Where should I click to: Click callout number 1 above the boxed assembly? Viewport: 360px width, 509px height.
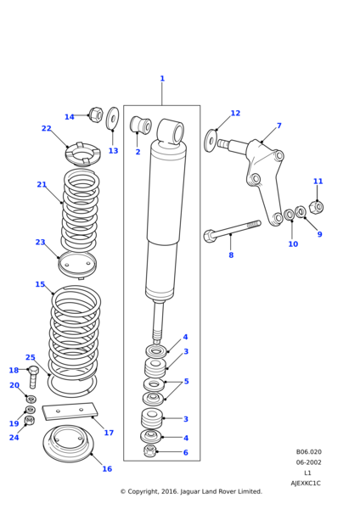[x=162, y=79]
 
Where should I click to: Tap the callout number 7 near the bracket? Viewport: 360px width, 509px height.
[x=279, y=126]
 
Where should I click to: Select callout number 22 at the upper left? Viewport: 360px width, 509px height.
[x=47, y=129]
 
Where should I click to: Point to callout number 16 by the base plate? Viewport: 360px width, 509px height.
[x=107, y=469]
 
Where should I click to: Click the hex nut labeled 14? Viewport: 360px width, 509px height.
[x=96, y=115]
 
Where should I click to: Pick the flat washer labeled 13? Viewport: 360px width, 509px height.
[x=113, y=118]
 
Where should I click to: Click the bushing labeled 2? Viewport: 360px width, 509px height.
[x=141, y=125]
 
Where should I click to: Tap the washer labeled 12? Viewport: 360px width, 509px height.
[x=211, y=141]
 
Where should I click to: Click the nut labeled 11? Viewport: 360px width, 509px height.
[x=316, y=207]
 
